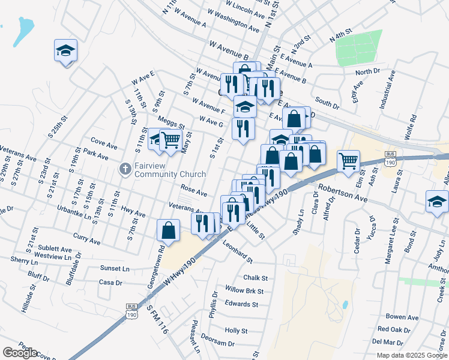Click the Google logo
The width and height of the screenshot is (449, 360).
(x=20, y=353)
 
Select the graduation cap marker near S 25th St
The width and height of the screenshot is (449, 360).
(x=65, y=51)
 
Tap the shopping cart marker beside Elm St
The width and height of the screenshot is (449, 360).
(x=348, y=161)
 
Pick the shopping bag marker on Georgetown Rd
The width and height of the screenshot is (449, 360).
(x=169, y=230)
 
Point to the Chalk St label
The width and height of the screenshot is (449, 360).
(x=255, y=278)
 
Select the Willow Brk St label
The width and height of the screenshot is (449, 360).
(x=244, y=290)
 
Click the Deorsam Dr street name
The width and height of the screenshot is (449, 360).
(x=218, y=343)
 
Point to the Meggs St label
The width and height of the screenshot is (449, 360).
(x=171, y=123)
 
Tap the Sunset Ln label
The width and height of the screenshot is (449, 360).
(x=114, y=269)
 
